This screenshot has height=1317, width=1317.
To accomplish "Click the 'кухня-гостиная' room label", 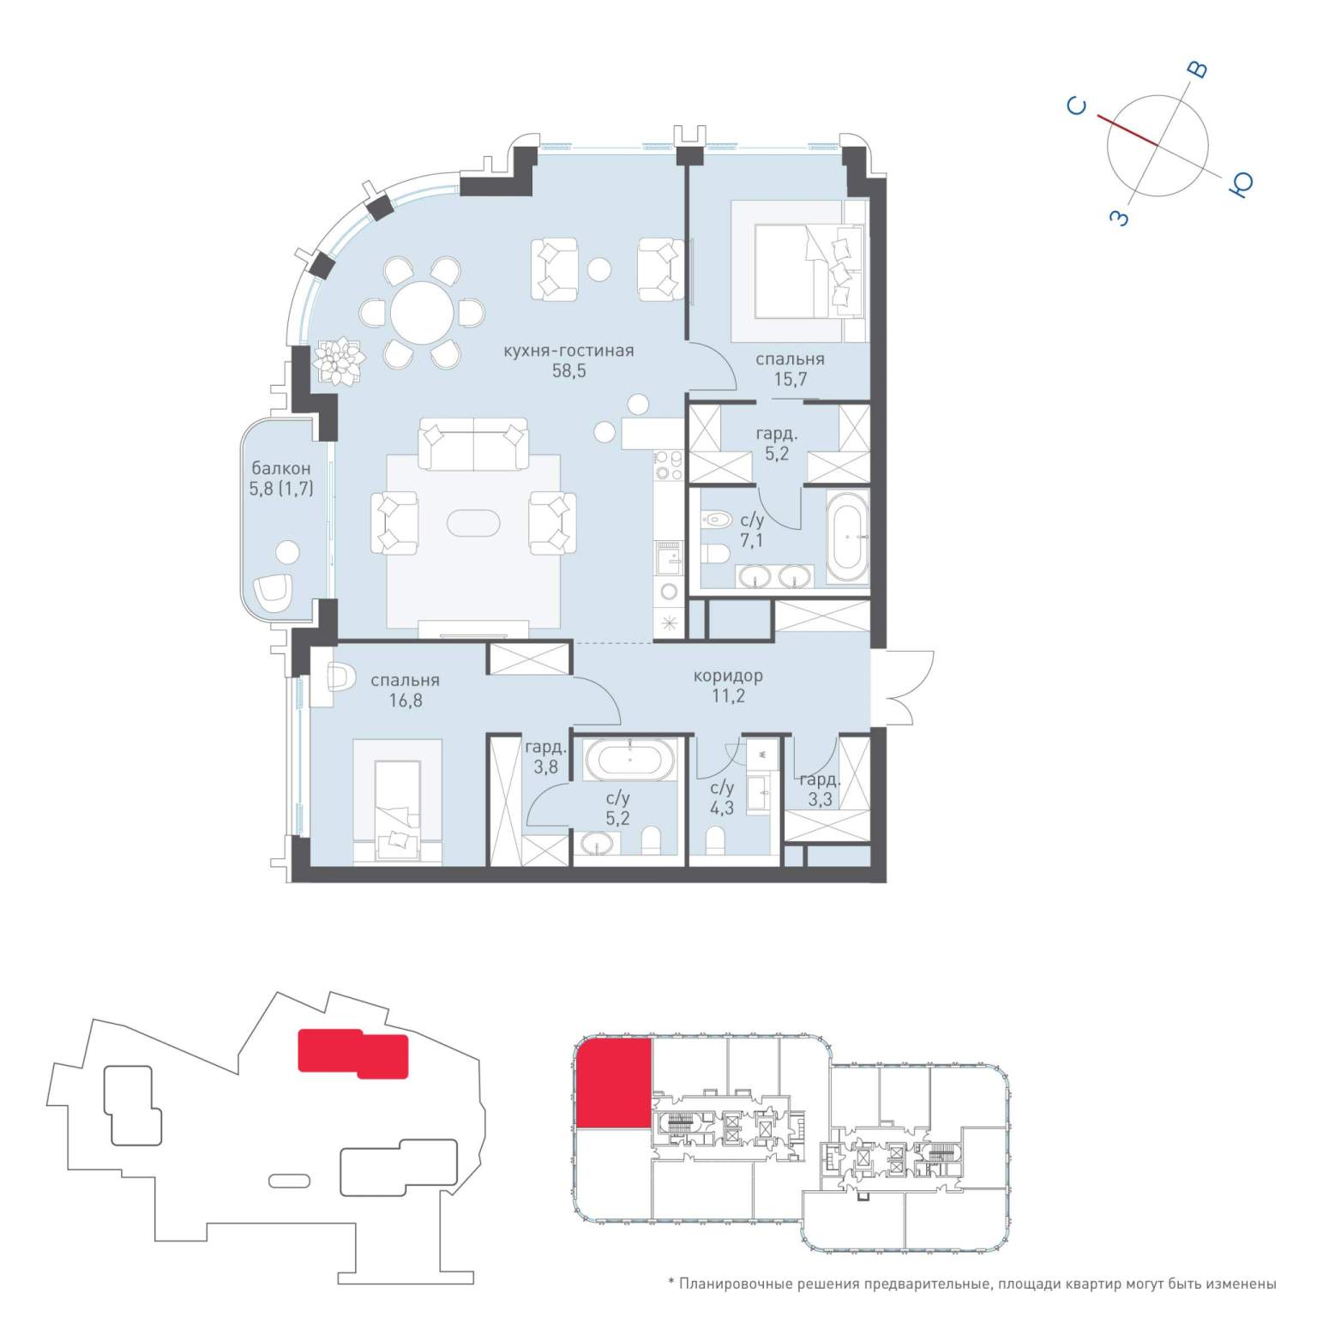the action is pyautogui.click(x=568, y=351).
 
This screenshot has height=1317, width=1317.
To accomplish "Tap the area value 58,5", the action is pyautogui.click(x=569, y=371).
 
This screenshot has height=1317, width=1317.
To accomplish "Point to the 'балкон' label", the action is pyautogui.click(x=280, y=469).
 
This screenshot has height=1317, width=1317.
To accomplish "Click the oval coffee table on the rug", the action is pyautogui.click(x=473, y=523).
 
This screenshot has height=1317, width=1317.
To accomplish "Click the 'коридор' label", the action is pyautogui.click(x=728, y=676).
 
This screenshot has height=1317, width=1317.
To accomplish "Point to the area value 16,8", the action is pyautogui.click(x=405, y=701).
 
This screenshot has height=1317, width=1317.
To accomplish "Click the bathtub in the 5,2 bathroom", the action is pyautogui.click(x=630, y=759).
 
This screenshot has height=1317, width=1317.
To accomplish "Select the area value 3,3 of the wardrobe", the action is pyautogui.click(x=821, y=801).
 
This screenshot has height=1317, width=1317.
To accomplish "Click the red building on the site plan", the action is pyautogui.click(x=353, y=1053).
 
